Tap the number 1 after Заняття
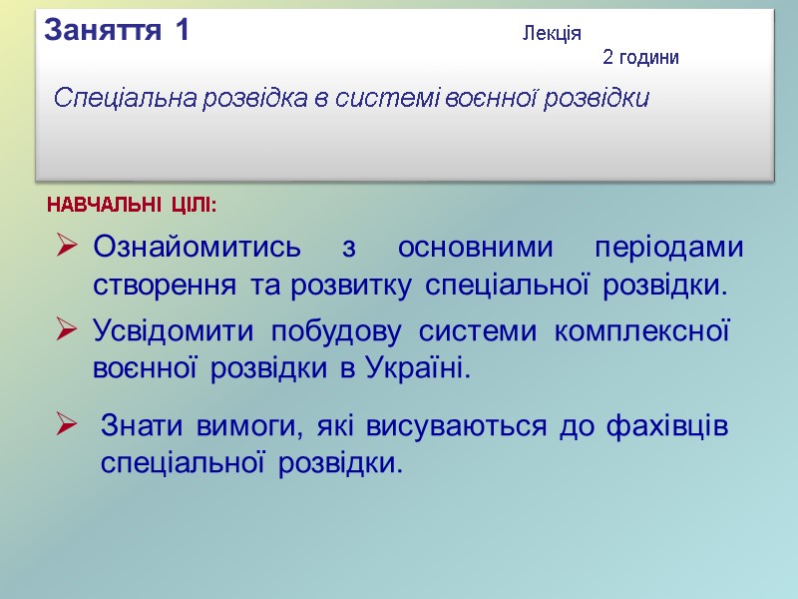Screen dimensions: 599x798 click(x=180, y=31)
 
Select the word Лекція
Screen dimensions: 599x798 click(x=552, y=35)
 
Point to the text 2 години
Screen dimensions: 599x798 click(x=640, y=58)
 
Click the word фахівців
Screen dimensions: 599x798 click(x=665, y=427)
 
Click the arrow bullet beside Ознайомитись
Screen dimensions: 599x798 click(x=68, y=245)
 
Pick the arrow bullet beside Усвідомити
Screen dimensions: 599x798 click(x=68, y=327)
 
